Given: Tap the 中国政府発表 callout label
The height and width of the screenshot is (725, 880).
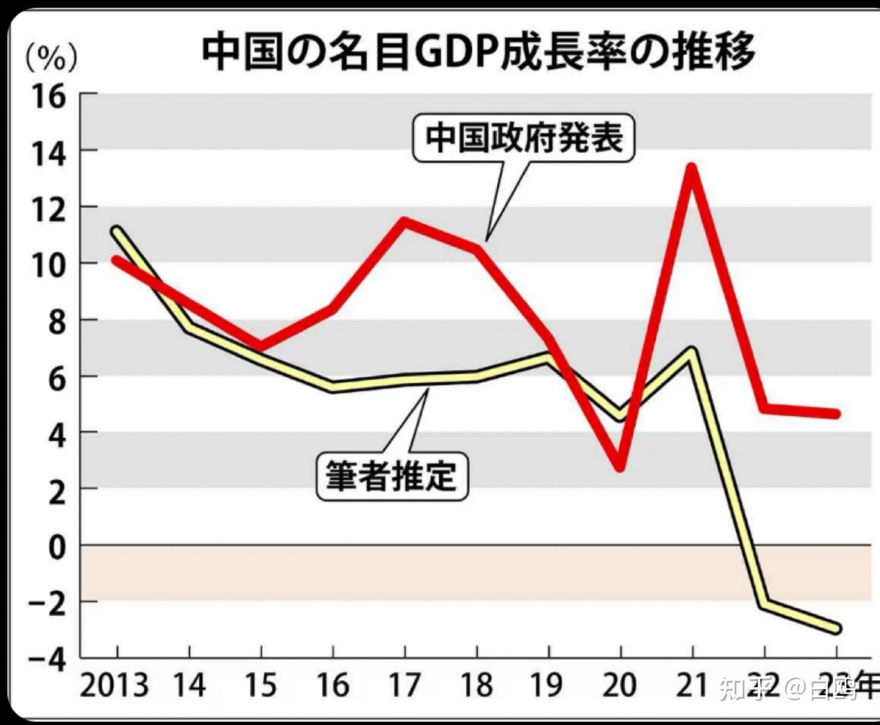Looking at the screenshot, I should [524, 138].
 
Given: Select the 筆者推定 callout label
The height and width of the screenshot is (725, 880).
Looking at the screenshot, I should [392, 477].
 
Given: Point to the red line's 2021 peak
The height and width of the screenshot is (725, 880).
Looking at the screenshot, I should [692, 168].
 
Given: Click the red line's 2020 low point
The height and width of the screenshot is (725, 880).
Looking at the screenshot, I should [620, 467].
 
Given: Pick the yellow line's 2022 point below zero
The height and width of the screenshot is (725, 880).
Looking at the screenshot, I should [764, 604].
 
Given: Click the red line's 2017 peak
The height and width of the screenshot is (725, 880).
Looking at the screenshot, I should [405, 221].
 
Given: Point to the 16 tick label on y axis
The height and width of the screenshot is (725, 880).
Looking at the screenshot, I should [49, 97].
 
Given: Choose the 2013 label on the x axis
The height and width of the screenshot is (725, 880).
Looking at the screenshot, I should [114, 686].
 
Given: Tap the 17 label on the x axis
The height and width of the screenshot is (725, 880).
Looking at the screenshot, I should [405, 686].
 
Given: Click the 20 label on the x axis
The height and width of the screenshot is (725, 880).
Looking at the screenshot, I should [620, 686].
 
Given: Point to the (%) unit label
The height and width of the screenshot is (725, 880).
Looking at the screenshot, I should [51, 58].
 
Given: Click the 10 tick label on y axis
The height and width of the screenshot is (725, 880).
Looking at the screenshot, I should [49, 266].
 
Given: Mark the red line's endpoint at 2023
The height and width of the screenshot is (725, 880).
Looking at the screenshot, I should [835, 413].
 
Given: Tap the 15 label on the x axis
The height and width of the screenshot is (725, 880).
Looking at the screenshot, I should [261, 686].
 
